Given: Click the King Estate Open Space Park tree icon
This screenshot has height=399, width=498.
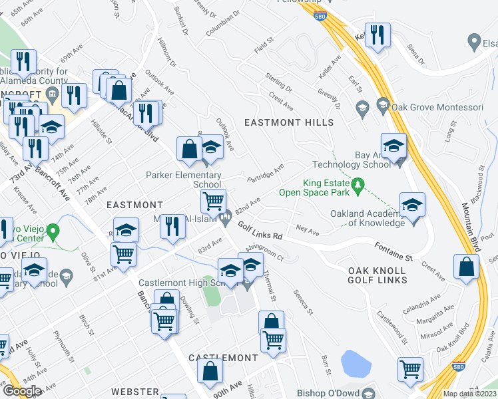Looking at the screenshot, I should pos(358,183).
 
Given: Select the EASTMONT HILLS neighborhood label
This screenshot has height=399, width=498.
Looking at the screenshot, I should pos(288,123).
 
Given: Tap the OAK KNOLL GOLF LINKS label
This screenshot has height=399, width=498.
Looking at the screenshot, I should pos(377,275).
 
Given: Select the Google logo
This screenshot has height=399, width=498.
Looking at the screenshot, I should pos(22,390).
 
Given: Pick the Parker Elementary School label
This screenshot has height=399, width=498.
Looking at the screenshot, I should pos(184,180).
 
